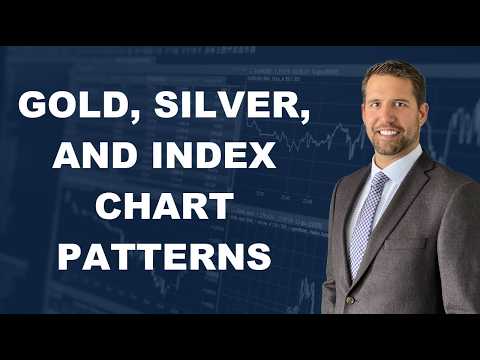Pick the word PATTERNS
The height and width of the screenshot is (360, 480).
click(x=163, y=257)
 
